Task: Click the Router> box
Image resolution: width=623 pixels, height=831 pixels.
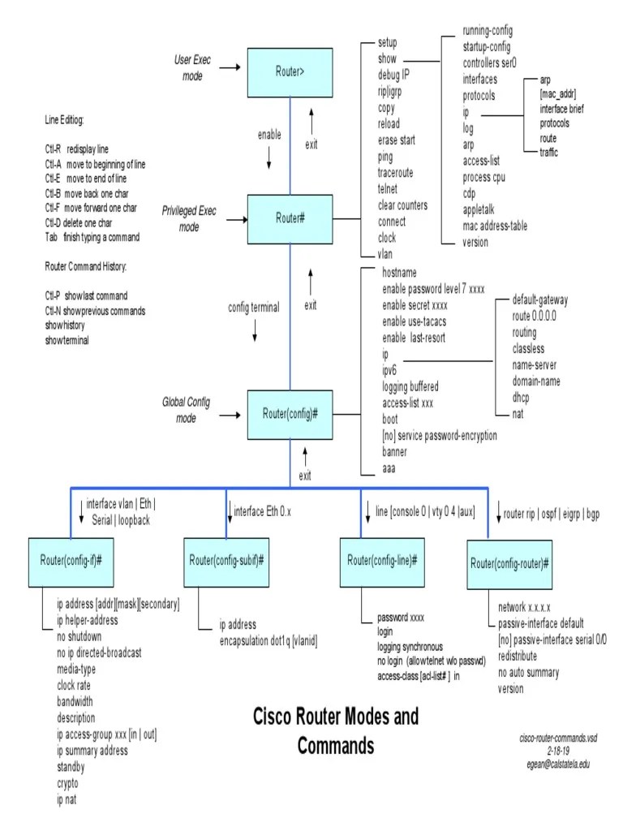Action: click(290, 71)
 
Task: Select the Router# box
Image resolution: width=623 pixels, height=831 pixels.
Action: click(290, 218)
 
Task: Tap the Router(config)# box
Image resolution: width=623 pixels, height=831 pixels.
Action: click(290, 414)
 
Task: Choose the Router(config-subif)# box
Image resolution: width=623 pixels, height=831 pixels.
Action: click(228, 561)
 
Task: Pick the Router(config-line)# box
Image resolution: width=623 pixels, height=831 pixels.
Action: click(382, 561)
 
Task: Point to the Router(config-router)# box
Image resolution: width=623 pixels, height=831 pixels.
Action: click(510, 563)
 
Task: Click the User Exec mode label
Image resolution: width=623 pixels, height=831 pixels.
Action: click(192, 68)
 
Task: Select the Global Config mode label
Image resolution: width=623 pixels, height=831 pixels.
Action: click(187, 410)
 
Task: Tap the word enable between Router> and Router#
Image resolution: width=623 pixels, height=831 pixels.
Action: click(269, 135)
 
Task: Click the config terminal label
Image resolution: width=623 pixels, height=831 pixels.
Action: click(254, 308)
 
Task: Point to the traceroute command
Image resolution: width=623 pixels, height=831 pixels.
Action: click(395, 173)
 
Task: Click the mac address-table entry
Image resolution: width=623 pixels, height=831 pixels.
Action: click(495, 226)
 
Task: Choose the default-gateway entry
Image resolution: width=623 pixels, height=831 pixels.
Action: click(540, 299)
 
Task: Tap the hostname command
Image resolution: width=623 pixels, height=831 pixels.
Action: click(399, 273)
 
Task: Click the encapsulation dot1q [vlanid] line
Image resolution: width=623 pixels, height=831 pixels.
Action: click(269, 641)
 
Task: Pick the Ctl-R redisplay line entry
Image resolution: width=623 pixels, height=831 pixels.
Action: click(76, 149)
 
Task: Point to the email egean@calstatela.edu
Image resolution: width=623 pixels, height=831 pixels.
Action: click(558, 764)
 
